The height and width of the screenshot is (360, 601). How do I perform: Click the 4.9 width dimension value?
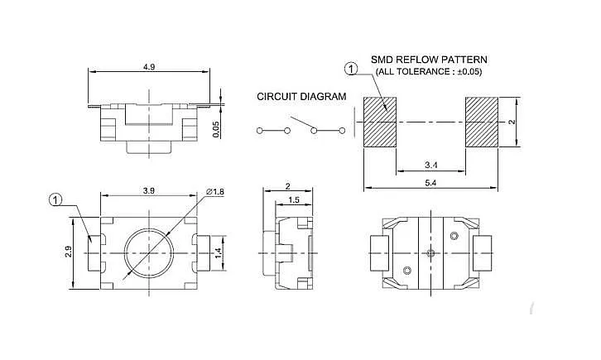[x=149, y=67]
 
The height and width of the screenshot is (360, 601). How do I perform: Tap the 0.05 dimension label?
[x=216, y=129]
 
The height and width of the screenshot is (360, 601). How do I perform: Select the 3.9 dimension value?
[x=149, y=190]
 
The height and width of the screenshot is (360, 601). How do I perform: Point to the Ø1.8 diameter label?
[x=214, y=191]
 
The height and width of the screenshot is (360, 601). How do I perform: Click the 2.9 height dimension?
[x=69, y=252]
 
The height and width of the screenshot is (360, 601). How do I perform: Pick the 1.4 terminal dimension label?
[x=218, y=252]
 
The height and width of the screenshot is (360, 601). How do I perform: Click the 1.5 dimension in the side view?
[x=294, y=200]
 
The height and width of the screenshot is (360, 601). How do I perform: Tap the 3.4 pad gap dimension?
[x=430, y=165]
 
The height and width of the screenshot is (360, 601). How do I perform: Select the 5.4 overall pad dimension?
[x=430, y=183]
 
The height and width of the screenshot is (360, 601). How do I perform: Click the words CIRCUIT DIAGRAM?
[x=301, y=97]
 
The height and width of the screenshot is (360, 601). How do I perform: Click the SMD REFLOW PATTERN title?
[x=429, y=60]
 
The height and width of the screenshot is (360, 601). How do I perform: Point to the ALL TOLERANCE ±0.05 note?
[x=429, y=72]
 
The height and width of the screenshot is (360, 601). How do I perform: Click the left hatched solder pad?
[x=380, y=122]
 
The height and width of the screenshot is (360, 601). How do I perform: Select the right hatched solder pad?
[x=482, y=122]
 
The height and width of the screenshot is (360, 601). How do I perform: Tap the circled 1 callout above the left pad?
[x=351, y=70]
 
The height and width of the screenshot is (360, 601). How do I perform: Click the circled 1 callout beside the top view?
[x=55, y=200]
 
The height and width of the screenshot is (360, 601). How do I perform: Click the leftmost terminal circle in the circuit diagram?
[x=259, y=131]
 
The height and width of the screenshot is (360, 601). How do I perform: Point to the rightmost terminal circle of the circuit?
[x=342, y=131]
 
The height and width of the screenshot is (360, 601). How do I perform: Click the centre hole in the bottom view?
[x=430, y=252]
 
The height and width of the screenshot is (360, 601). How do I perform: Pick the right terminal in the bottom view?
[x=483, y=253]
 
